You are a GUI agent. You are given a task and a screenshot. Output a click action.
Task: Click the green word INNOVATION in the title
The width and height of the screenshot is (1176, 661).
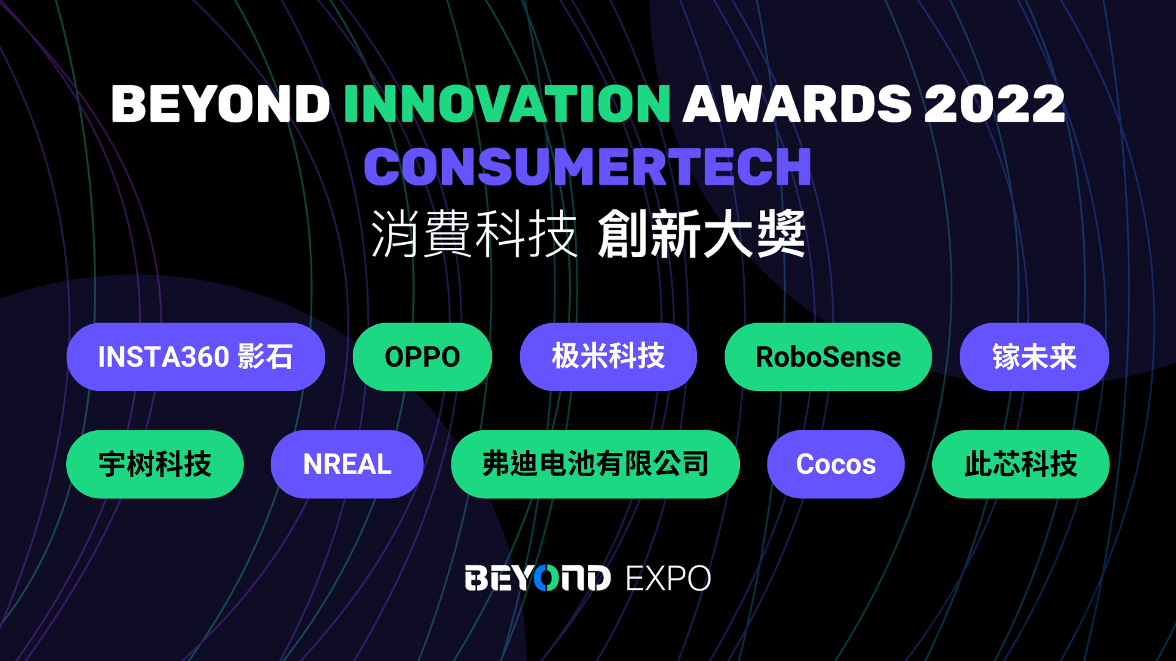pos(507,103)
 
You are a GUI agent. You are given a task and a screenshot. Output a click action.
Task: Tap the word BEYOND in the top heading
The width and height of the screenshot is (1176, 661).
pos(221,103)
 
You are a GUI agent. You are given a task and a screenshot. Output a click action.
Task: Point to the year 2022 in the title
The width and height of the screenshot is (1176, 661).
pos(994,103)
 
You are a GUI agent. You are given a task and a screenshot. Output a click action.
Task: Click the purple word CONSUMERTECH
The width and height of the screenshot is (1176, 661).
pos(587,166)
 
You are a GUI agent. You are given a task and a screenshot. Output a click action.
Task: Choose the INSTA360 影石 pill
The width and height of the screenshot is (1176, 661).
pos(195,357)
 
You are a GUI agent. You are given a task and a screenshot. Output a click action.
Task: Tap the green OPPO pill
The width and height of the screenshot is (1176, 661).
pos(422,357)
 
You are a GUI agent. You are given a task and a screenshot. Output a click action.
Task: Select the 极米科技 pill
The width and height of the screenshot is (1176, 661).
pos(608,357)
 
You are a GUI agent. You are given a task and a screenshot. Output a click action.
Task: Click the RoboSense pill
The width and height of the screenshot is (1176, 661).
pos(828,357)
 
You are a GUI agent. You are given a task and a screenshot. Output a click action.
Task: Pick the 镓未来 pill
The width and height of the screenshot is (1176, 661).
pos(1034,357)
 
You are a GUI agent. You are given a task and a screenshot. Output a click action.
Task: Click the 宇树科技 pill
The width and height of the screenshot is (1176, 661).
pos(155,464)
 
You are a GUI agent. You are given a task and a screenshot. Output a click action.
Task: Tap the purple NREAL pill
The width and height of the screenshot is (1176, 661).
pos(347,464)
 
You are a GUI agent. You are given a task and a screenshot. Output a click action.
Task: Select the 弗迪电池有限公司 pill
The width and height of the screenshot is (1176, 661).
pos(595,464)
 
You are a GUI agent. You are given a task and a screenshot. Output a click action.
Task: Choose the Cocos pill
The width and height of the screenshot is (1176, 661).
pos(835,464)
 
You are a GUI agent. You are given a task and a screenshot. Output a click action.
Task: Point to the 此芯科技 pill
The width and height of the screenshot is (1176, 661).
pos(1020,464)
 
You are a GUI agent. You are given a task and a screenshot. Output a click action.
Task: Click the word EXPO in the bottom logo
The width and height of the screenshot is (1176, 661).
pos(668,578)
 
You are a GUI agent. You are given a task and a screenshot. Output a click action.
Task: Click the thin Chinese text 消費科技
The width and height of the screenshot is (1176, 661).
pos(474,234)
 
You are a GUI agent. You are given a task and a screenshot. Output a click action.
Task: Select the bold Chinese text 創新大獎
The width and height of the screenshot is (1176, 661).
pos(702,234)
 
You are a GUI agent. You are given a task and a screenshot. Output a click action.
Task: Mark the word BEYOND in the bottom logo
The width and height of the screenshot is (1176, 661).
pos(538,578)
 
